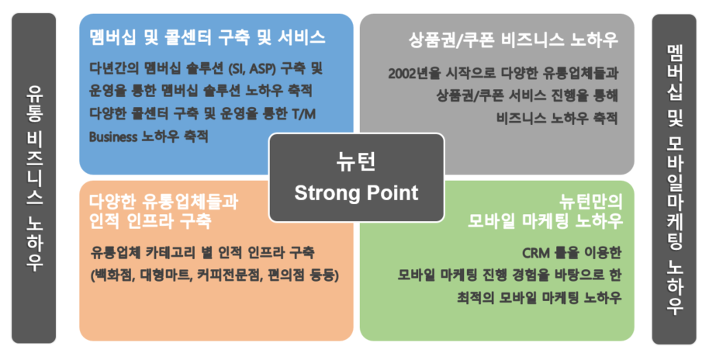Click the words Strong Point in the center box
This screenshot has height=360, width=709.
pos(356,193)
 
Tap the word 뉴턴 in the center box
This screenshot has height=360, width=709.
pos(356,162)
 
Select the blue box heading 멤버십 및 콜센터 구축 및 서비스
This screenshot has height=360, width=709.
pos(207,37)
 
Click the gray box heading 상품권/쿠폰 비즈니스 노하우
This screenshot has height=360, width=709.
pos(514,40)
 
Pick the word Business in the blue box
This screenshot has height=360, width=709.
pos(113,137)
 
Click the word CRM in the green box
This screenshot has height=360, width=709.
pos(536,253)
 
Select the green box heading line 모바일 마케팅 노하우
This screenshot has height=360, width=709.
pos(545,220)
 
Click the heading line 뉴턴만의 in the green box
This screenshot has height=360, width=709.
pos(591,201)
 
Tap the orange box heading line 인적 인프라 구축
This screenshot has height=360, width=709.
pos(150,220)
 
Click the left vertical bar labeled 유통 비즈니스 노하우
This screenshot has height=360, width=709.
pos(34,178)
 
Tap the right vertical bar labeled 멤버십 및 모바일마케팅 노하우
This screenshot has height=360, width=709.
pos(674,179)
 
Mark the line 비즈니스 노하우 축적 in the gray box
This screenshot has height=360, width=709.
pos(557,119)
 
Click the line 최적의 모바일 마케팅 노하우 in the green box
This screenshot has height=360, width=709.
pos(539,298)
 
